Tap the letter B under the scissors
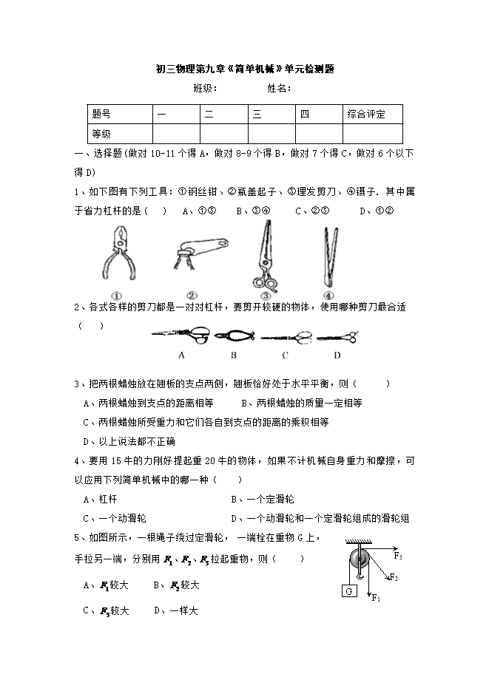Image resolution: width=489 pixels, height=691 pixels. pos(233,355)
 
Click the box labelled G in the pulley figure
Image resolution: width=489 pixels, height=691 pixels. pos(348,590)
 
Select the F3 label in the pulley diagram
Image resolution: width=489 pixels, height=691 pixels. pos(398,555)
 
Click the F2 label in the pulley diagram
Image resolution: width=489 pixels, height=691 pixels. pos(394,577)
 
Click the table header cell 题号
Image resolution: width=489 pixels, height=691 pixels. pos(101,114)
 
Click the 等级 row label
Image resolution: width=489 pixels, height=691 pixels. pos(101,134)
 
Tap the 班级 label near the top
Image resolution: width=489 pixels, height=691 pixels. pos(205,88)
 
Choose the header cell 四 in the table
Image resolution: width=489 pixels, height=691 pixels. pos(305,114)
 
